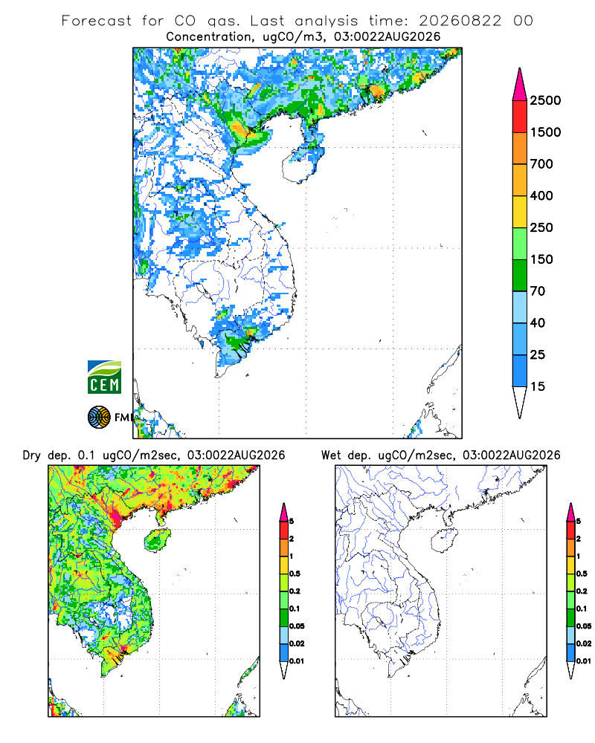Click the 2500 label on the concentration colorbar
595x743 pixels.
pos(545,100)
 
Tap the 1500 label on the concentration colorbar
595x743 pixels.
pos(545,132)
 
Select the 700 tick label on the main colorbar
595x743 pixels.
pos(541,164)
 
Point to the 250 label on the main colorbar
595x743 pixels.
pos(541,227)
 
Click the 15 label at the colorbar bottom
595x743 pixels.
pos(538,386)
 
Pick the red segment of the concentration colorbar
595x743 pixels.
pos(520,117)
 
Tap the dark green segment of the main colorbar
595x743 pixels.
pos(520,276)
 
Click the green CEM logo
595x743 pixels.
pos(104,377)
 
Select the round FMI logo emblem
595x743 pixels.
pos(99,417)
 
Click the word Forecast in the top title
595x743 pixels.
pos(97,21)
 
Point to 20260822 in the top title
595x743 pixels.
pos(460,21)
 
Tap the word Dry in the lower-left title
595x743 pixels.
pos(31,455)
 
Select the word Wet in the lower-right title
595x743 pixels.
pos(331,455)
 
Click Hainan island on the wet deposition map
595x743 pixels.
pos(445,540)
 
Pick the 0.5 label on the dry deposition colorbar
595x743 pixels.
pos(295,574)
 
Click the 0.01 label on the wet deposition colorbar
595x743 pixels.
pos(584,661)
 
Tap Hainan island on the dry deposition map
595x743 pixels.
pos(158,540)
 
